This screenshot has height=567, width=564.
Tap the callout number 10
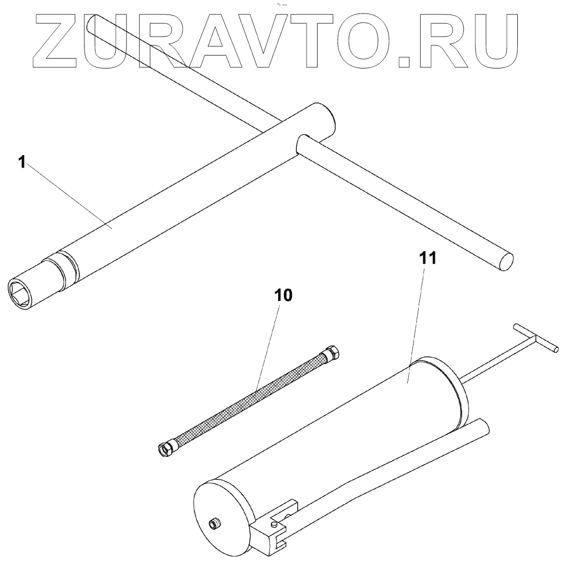[283, 295]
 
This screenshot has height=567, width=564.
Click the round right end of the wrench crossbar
[505, 261]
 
